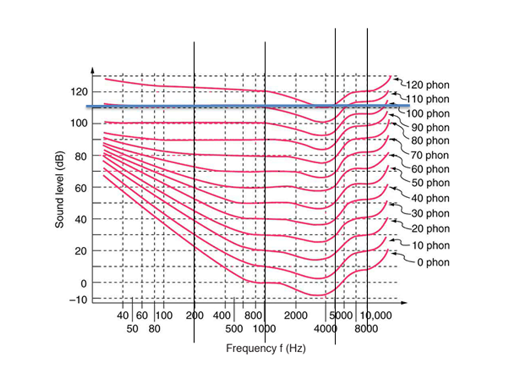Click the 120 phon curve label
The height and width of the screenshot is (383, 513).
tap(428, 85)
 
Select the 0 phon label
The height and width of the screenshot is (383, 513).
tap(433, 262)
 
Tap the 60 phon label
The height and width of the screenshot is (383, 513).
tap(430, 169)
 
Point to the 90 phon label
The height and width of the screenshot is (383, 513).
tap(430, 127)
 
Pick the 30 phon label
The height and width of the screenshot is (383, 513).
tap(430, 214)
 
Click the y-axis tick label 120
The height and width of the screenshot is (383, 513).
tap(78, 92)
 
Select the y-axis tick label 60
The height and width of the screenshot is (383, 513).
tap(80, 188)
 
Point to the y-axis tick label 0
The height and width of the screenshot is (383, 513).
tap(82, 283)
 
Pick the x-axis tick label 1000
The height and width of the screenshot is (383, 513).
tap(265, 329)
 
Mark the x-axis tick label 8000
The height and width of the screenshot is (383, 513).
tap(367, 329)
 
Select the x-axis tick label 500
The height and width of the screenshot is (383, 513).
tap(233, 329)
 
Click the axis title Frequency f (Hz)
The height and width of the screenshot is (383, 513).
tap(266, 349)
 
